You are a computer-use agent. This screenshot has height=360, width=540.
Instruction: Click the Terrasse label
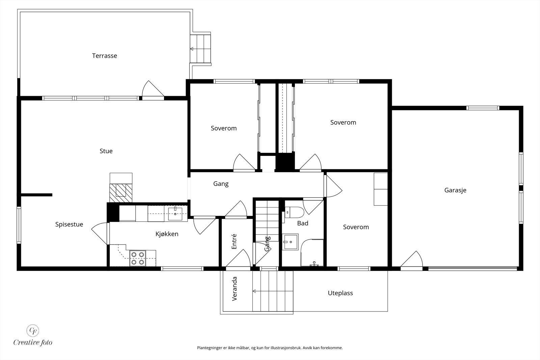[x=104, y=56]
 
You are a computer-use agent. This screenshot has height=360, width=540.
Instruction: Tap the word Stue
[x=106, y=151]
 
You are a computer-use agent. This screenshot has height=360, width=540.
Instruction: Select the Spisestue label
[x=69, y=224]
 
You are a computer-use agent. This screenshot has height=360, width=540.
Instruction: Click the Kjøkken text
[x=167, y=234]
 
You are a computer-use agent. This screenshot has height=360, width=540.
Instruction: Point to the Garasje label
[x=455, y=190]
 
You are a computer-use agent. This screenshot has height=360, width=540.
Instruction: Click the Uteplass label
[x=340, y=293]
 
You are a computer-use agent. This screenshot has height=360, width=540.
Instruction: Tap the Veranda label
[x=234, y=289]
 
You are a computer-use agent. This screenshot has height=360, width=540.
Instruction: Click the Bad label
[x=302, y=223]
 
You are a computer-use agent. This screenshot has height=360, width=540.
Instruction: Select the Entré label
[x=234, y=242]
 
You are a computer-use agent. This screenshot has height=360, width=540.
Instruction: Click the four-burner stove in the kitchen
[x=138, y=258]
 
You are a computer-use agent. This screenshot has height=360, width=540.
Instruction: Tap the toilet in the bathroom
[x=294, y=212]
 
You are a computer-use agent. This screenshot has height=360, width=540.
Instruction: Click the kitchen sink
[x=175, y=213]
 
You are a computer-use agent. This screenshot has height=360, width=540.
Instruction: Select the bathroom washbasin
[x=290, y=242]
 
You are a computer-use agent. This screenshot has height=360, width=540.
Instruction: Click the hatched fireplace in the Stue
[x=121, y=193]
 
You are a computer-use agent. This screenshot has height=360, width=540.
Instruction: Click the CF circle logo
[x=32, y=331]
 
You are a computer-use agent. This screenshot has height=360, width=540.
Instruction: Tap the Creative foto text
[x=33, y=342]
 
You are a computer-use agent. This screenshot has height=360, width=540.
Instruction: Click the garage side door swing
[x=411, y=259]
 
